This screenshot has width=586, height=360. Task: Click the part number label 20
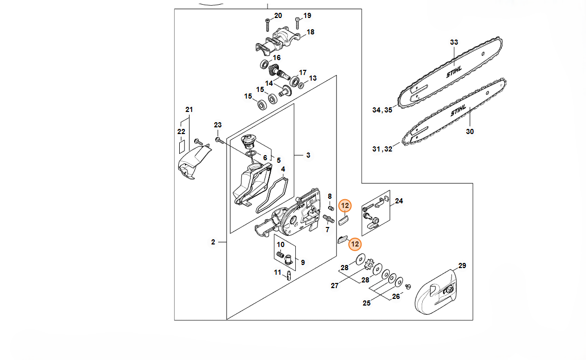click(x=278, y=16)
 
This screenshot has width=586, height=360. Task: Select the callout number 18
click(x=311, y=32)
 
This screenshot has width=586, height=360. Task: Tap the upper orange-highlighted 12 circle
click(x=345, y=205)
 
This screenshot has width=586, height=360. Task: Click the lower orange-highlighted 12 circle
click(x=355, y=244)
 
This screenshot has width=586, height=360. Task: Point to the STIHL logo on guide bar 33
click(x=454, y=72)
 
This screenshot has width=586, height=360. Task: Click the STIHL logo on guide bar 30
click(x=459, y=110)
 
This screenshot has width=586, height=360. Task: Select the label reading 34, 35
click(x=382, y=110)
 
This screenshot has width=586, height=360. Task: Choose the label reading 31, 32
click(x=382, y=149)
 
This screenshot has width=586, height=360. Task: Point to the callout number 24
click(x=399, y=201)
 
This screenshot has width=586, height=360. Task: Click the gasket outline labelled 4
click(x=272, y=196)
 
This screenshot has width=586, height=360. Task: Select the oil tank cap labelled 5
click(x=248, y=142)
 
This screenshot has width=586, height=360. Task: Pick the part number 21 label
click(x=189, y=109)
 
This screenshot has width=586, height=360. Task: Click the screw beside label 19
click(x=297, y=23)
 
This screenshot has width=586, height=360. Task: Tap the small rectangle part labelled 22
click(x=182, y=146)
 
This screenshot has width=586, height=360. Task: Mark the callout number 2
click(x=213, y=242)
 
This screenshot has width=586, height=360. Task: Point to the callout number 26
click(x=396, y=296)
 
